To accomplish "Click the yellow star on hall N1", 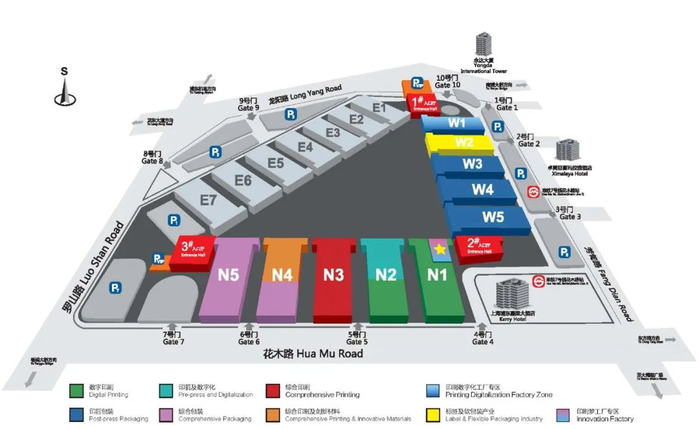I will [x=440, y=248].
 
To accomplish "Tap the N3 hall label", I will [x=333, y=274].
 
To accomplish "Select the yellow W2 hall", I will [x=463, y=142].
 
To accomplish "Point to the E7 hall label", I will [x=208, y=200].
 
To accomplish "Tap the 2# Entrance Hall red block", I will [x=480, y=247].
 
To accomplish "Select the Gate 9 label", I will [x=249, y=105].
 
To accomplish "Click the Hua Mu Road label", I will [x=313, y=354].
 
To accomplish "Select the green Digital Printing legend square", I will [x=76, y=391].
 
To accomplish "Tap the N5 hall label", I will [x=228, y=274].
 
